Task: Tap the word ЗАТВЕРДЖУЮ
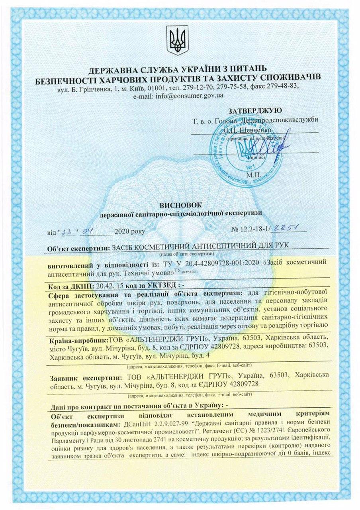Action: (255, 110)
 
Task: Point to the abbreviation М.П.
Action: (253, 174)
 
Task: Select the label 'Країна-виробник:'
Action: (79, 340)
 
